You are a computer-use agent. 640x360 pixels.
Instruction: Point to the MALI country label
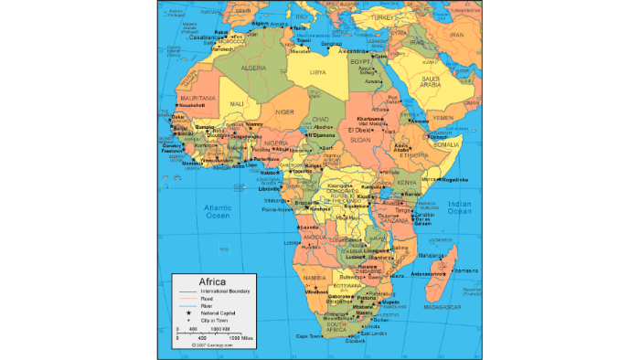[x=238, y=104]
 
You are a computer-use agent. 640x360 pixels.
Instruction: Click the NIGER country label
[x=286, y=111]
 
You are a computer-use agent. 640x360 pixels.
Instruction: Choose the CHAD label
[x=320, y=119]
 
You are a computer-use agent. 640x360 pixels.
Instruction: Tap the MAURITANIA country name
[x=197, y=97]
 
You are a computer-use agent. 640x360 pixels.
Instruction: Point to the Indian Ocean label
[x=458, y=206]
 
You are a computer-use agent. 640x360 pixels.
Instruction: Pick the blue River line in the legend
[x=187, y=305]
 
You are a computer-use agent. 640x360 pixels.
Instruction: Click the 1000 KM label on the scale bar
[x=219, y=328]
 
